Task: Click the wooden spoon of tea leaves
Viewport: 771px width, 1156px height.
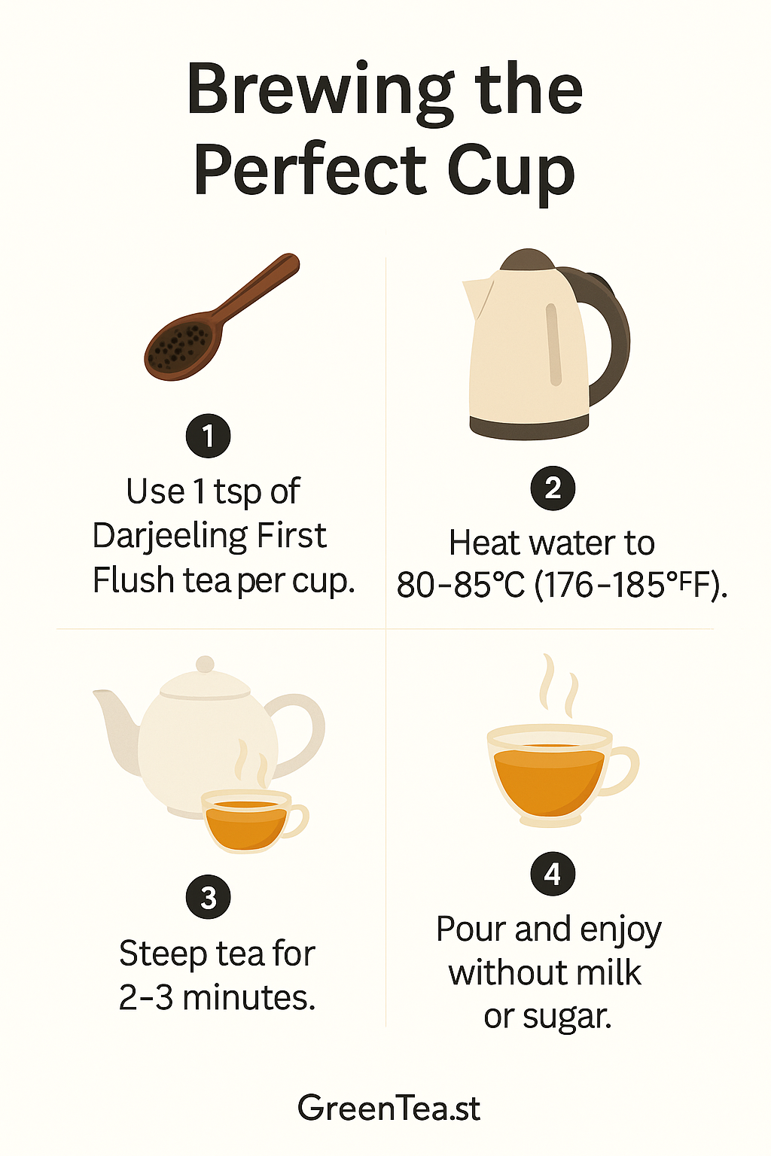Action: point(221,317)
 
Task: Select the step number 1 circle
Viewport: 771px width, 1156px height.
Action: point(208,436)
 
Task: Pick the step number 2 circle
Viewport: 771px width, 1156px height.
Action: point(553,488)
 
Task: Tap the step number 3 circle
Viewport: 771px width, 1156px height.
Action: point(208,897)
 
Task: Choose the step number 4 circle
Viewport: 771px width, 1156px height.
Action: point(553,875)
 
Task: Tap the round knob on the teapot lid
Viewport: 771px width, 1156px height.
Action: point(205,665)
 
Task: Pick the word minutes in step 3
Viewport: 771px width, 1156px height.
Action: point(248,997)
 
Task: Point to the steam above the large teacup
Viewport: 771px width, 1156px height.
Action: point(559,686)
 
